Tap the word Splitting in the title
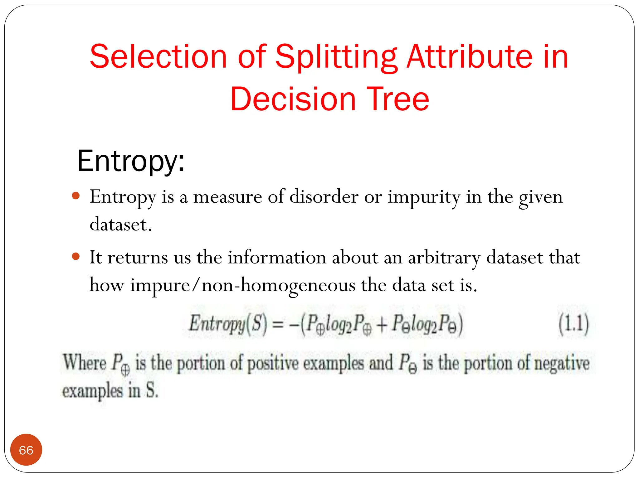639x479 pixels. pyautogui.click(x=336, y=58)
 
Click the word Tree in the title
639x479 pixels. pyautogui.click(x=398, y=99)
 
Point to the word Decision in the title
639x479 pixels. pyautogui.click(x=293, y=99)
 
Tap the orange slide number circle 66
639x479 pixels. pyautogui.click(x=26, y=450)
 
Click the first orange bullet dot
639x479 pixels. pyautogui.click(x=76, y=196)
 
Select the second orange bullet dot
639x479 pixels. pyautogui.click(x=76, y=256)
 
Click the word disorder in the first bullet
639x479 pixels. pyautogui.click(x=324, y=197)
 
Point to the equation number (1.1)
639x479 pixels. pyautogui.click(x=573, y=324)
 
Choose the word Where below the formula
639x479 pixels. pyautogui.click(x=85, y=362)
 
